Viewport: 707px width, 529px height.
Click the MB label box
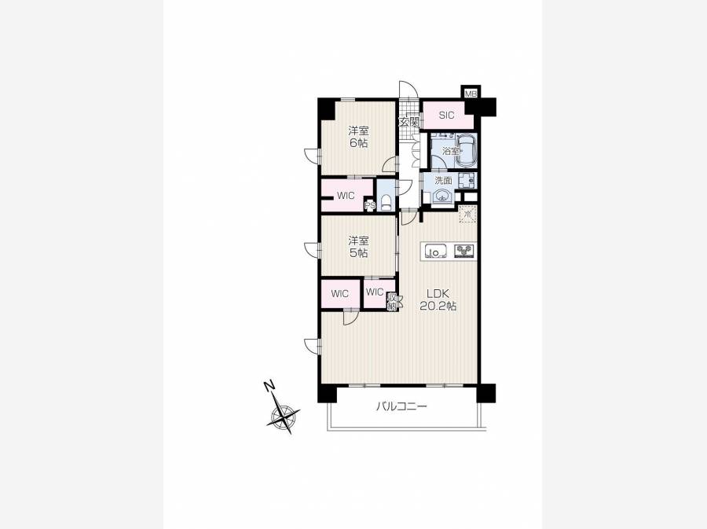471,94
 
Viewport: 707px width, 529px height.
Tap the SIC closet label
446,116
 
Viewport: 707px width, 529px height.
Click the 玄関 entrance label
409,122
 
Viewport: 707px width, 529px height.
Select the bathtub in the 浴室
465,150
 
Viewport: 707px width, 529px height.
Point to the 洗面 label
443,181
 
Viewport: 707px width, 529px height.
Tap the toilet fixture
386,201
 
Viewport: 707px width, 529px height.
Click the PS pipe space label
370,206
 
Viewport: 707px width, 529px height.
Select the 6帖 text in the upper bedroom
358,143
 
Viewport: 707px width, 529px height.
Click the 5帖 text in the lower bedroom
358,253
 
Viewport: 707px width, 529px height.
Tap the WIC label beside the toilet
346,197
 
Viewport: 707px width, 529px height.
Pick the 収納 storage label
391,302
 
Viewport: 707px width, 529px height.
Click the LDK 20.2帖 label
438,299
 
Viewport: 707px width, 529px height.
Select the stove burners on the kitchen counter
464,250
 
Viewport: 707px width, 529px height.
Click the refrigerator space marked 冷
467,214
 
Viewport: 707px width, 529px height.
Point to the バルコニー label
401,407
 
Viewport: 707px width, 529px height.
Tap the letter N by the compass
269,386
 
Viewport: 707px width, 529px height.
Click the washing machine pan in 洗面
467,180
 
